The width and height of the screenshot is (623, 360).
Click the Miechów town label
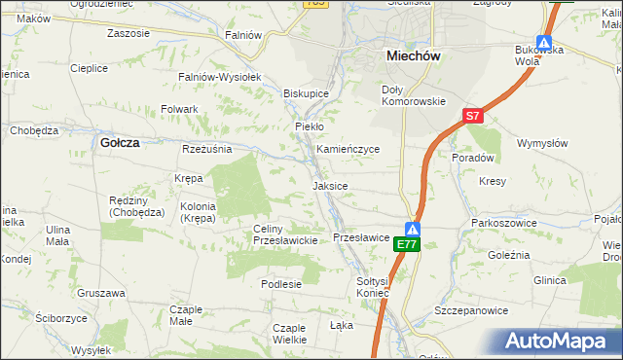click(x=414, y=56)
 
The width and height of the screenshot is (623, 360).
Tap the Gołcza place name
click(x=120, y=142)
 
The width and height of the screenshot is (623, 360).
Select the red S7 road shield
click(x=472, y=116)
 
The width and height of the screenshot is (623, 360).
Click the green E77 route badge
click(x=407, y=245)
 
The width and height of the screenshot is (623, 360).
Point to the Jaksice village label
click(x=330, y=185)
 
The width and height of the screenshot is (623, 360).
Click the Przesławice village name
click(x=361, y=236)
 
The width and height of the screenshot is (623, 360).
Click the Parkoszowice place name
click(x=499, y=223)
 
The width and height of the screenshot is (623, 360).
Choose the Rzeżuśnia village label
click(x=207, y=149)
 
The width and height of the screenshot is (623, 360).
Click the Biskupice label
click(x=306, y=93)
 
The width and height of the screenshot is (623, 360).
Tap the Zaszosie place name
click(x=128, y=33)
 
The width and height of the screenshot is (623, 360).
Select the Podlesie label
click(x=281, y=284)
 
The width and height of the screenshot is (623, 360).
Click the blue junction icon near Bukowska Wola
click(x=544, y=44)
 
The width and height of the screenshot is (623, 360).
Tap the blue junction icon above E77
click(x=413, y=229)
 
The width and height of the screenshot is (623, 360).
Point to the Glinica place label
click(x=549, y=280)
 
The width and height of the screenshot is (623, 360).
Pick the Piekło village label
click(x=309, y=126)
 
